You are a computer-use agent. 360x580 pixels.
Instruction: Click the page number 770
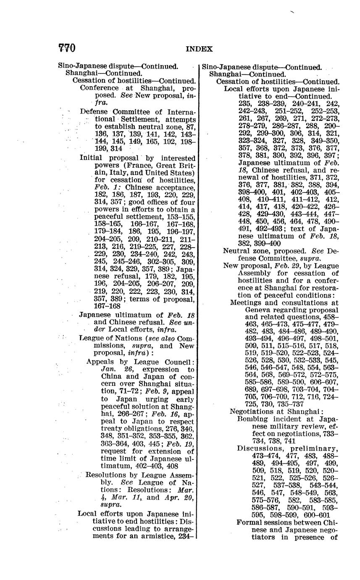point(67,48)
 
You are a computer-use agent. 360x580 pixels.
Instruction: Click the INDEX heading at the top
point(199,49)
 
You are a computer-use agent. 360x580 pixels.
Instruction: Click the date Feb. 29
point(288,266)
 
